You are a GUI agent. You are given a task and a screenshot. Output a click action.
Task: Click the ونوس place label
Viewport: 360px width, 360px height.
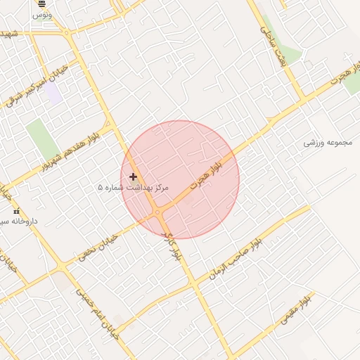coord(42,14)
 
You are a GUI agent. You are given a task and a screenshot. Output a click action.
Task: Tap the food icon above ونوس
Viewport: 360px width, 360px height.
coord(41,4)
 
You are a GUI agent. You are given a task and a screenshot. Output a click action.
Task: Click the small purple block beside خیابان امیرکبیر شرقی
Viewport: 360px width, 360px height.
coord(54,94)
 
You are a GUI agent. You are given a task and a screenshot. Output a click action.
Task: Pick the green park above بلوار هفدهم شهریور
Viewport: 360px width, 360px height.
coord(42,139)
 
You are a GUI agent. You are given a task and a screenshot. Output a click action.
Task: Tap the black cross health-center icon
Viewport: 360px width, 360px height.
coord(133,176)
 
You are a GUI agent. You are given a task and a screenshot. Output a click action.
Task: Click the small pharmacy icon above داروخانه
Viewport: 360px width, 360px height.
coord(16,211)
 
